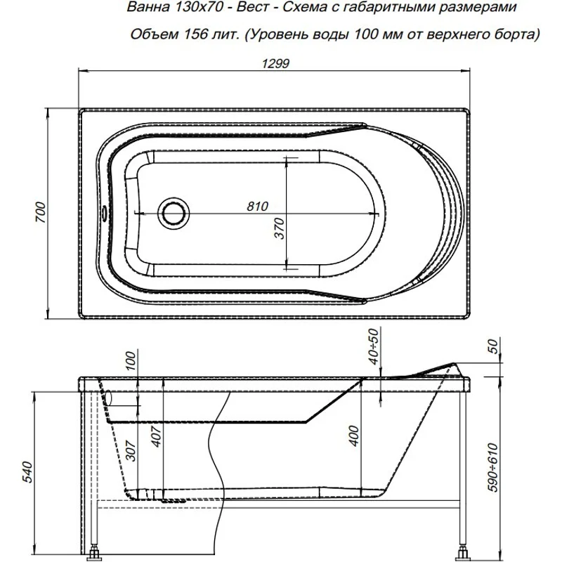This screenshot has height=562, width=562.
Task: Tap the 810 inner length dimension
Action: (x=258, y=207)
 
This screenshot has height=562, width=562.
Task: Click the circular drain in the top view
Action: (x=173, y=211)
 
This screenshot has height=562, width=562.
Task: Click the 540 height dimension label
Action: (x=25, y=469)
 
